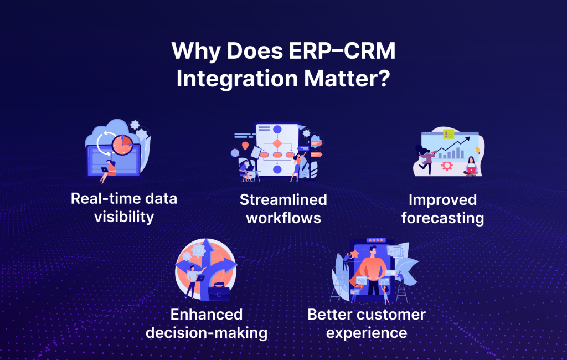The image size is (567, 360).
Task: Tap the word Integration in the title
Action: [x=235, y=78]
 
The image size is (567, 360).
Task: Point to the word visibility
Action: [x=123, y=216]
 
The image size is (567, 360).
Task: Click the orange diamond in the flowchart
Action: [x=277, y=143]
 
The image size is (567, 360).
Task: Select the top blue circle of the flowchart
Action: [x=277, y=130]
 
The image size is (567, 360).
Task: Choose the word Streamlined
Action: [x=283, y=199]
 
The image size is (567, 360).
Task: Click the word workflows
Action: [x=283, y=218]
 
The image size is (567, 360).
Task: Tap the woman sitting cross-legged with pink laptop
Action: [x=471, y=166]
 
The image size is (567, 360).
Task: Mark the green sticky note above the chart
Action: [x=448, y=133]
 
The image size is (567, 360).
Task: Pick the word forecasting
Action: [x=442, y=218]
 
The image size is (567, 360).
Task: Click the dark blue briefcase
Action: [x=219, y=291]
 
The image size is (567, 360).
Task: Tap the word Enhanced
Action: [x=207, y=315]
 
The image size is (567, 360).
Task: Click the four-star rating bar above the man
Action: [x=377, y=240]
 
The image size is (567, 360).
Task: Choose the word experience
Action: [x=367, y=333]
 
